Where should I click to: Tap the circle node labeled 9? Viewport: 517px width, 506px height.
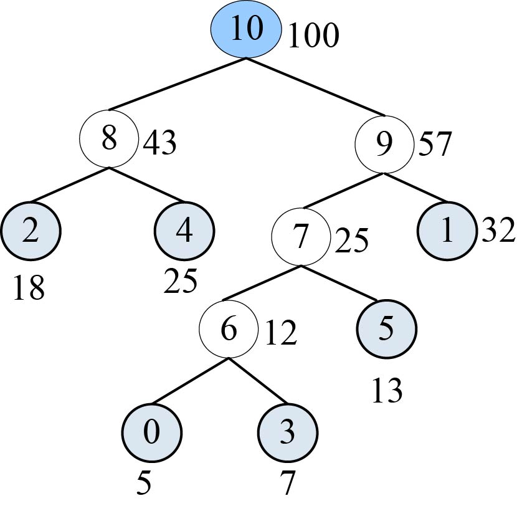pos(384,144)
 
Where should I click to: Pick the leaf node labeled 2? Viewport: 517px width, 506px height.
pos(31,231)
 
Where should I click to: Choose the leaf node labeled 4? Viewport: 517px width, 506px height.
pos(184,231)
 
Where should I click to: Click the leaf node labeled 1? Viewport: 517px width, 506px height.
pos(446,231)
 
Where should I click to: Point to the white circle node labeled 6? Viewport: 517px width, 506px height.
pos(229,330)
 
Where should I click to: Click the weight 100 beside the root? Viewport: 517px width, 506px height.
pos(313,37)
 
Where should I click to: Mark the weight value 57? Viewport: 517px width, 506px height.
pos(435,145)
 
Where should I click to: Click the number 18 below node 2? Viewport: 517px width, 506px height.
pos(28,289)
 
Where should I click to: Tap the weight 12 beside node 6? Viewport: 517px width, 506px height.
pos(280,334)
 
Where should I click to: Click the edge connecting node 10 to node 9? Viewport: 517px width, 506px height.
pos(315,87)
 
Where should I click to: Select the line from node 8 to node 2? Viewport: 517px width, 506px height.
pos(69,184)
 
